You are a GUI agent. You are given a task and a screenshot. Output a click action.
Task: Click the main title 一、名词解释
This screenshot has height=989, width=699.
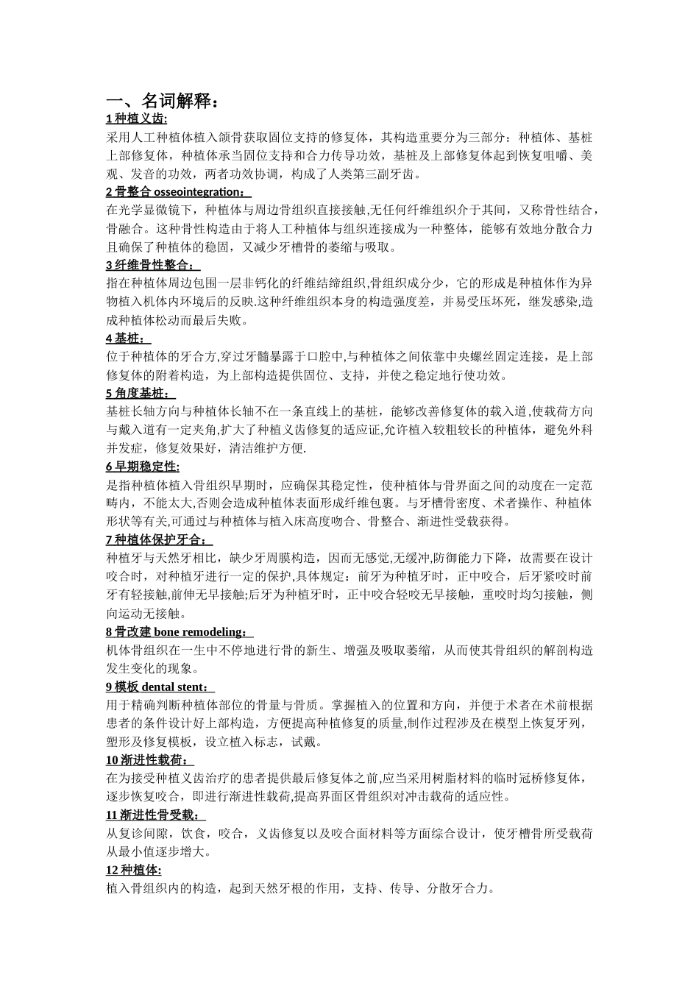coord(163,102)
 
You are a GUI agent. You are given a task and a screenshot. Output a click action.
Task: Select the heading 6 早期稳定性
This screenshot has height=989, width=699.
coord(143,467)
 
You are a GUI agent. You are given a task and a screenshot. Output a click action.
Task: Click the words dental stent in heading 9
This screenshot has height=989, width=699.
coord(174,687)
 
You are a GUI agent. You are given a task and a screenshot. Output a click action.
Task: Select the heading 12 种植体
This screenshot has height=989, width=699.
coord(134,871)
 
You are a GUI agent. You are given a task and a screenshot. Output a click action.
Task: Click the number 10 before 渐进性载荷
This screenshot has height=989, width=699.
coord(112,760)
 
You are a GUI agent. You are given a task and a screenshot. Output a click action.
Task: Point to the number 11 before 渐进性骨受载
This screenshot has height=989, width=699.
coord(112,815)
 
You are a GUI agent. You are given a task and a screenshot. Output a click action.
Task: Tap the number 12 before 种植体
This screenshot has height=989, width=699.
coord(112,871)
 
